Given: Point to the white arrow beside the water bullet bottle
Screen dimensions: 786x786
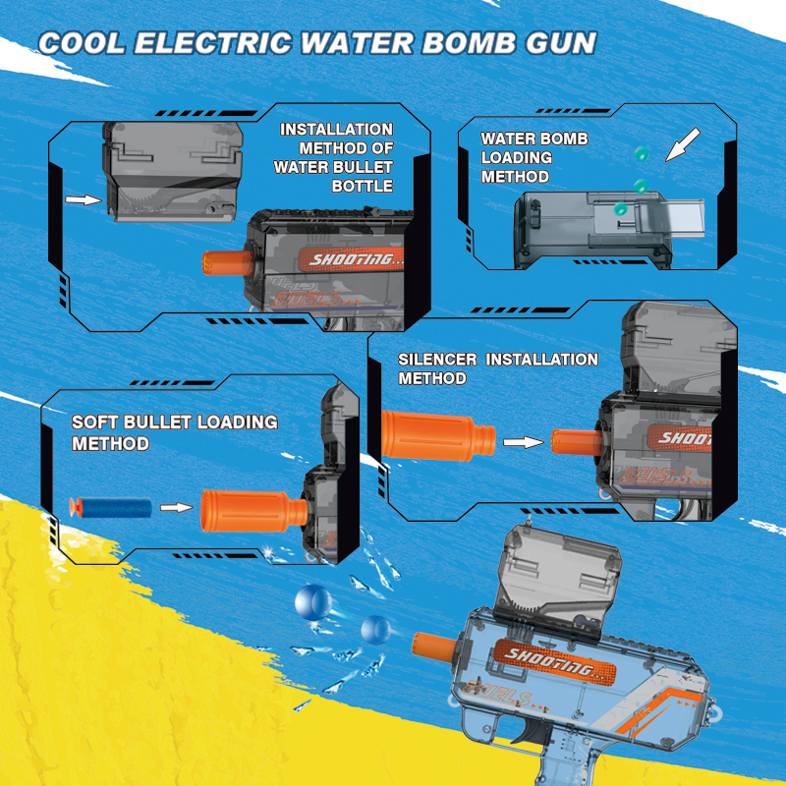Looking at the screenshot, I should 84,199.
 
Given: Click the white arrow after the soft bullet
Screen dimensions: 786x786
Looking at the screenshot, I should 174,507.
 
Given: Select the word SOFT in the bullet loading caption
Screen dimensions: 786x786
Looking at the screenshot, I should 94,422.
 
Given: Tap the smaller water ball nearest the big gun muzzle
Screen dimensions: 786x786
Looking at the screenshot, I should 375,629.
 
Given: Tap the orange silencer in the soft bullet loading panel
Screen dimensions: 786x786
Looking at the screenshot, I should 252,509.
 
